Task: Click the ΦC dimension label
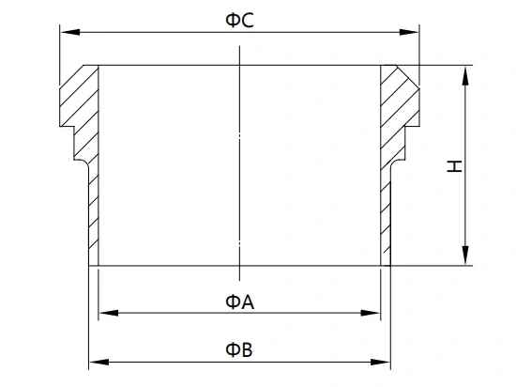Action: (x=239, y=21)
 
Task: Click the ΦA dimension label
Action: (x=239, y=302)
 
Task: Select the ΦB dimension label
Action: (x=239, y=349)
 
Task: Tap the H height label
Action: (x=455, y=166)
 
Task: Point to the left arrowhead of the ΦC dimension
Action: (x=69, y=32)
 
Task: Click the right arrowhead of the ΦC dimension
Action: (x=409, y=32)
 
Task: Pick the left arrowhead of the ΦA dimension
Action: (x=108, y=313)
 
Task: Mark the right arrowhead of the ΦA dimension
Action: (x=371, y=313)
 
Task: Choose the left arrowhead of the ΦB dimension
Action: (x=99, y=362)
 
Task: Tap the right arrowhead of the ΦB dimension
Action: (x=380, y=362)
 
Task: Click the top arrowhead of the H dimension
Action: (x=465, y=76)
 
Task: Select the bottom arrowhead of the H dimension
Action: (x=465, y=255)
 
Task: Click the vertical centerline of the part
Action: (x=239, y=163)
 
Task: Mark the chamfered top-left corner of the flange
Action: (x=71, y=76)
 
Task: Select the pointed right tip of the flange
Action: (x=419, y=89)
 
